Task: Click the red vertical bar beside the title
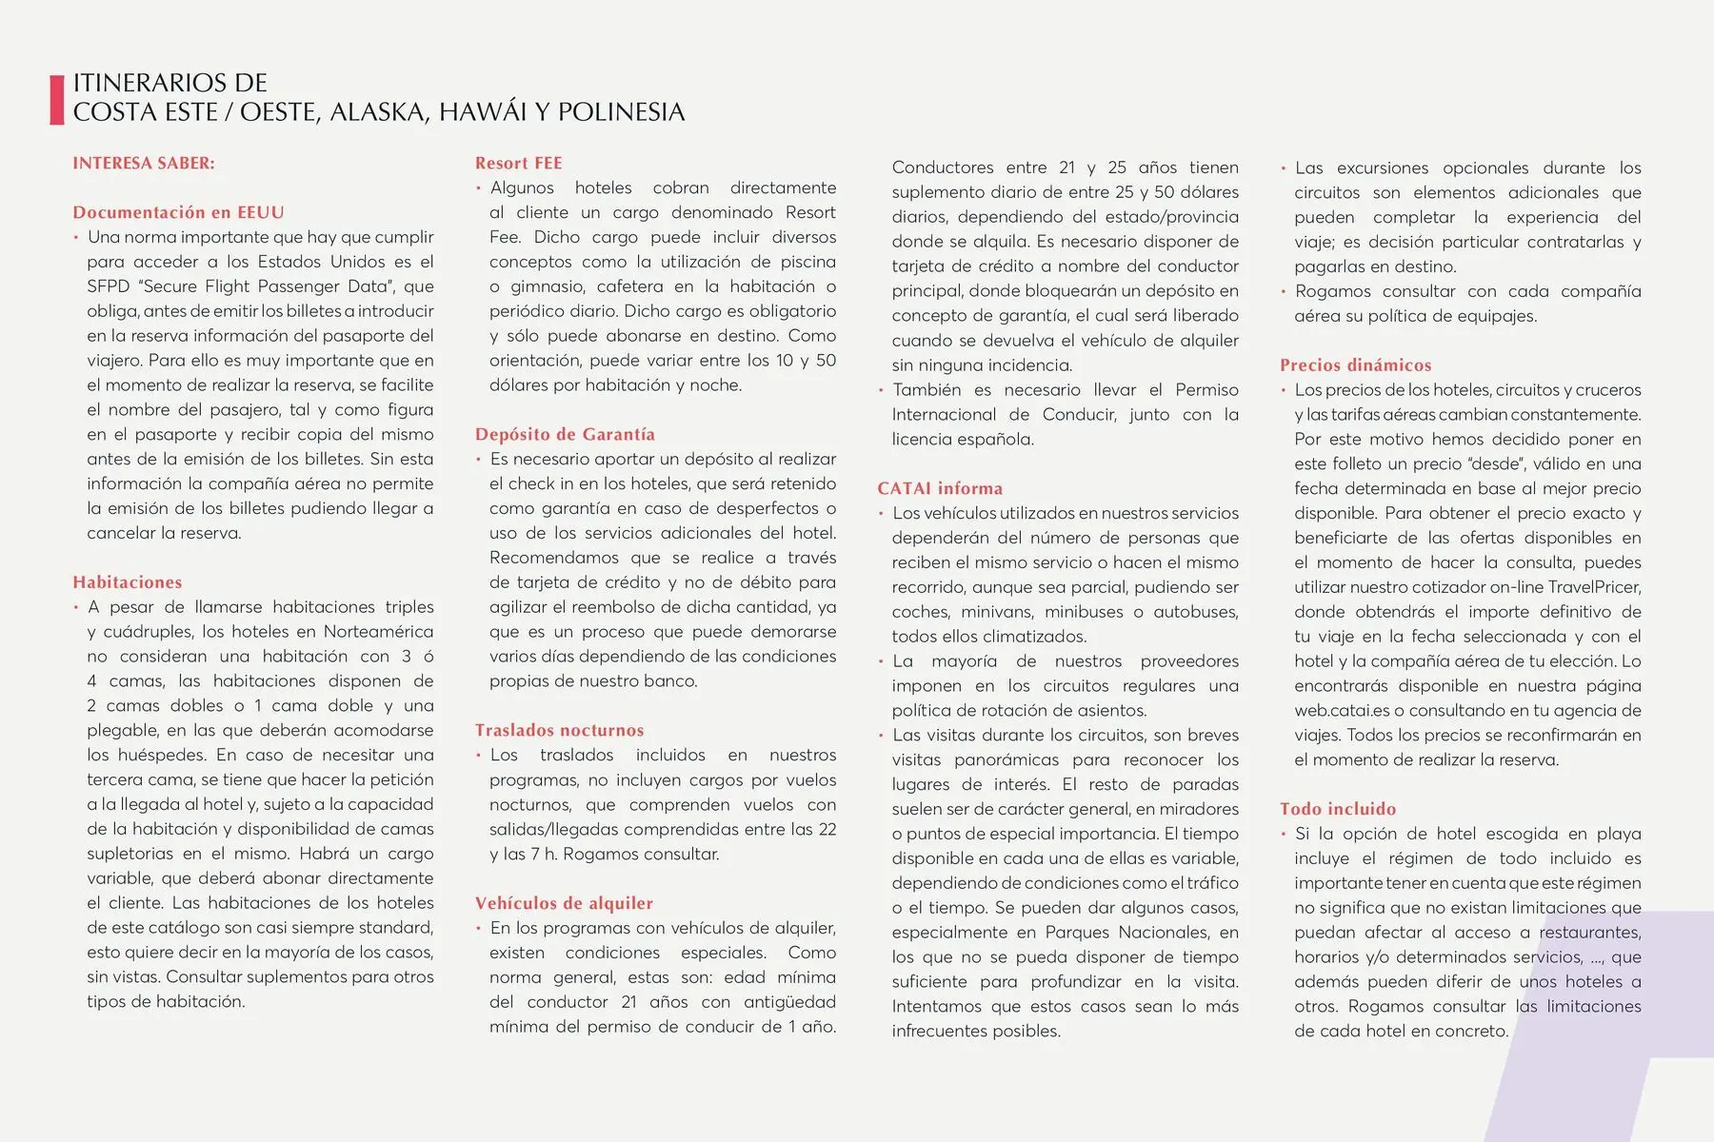56,99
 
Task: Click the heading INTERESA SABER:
144,163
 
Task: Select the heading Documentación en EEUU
178,212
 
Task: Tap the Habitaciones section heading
127,582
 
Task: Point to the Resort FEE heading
518,163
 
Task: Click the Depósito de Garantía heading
565,434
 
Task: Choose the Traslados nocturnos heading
559,730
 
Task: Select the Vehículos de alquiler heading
564,903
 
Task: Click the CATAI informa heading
940,488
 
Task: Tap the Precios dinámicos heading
1355,364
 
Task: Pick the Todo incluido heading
1337,809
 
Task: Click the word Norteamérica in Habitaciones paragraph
378,632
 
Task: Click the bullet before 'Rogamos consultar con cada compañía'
1284,292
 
